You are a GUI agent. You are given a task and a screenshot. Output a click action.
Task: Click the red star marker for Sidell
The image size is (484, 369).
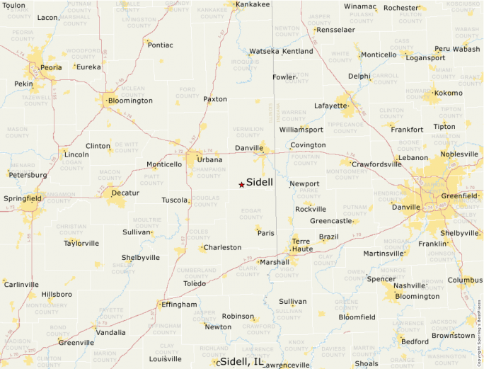(241, 185)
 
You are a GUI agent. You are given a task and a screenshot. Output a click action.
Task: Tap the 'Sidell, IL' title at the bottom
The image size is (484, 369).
(242, 362)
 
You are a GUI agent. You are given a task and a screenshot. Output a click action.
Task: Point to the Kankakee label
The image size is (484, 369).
(253, 4)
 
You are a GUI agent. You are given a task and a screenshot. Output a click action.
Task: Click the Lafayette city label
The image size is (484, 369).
(331, 106)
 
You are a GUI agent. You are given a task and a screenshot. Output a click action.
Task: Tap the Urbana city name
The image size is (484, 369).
(209, 160)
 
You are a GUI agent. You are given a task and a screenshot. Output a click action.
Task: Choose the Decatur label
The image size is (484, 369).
(125, 193)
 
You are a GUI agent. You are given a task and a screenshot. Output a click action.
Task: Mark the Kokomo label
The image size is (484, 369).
(448, 93)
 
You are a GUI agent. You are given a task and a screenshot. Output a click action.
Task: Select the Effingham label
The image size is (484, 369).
(180, 305)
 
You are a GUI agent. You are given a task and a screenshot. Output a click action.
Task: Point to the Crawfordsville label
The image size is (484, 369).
(377, 164)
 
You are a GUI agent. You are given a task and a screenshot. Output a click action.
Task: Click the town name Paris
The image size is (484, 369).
(266, 233)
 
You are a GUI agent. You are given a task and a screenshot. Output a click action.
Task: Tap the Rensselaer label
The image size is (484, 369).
(336, 30)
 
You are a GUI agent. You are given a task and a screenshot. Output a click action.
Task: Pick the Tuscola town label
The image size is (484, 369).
(175, 200)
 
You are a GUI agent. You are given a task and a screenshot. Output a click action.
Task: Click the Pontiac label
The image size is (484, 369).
(161, 45)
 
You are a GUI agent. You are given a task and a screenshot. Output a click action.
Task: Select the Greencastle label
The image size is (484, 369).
(331, 221)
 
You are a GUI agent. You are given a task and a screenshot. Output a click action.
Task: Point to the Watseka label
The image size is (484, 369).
(265, 52)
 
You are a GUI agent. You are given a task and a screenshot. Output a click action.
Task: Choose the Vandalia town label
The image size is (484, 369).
(111, 332)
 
